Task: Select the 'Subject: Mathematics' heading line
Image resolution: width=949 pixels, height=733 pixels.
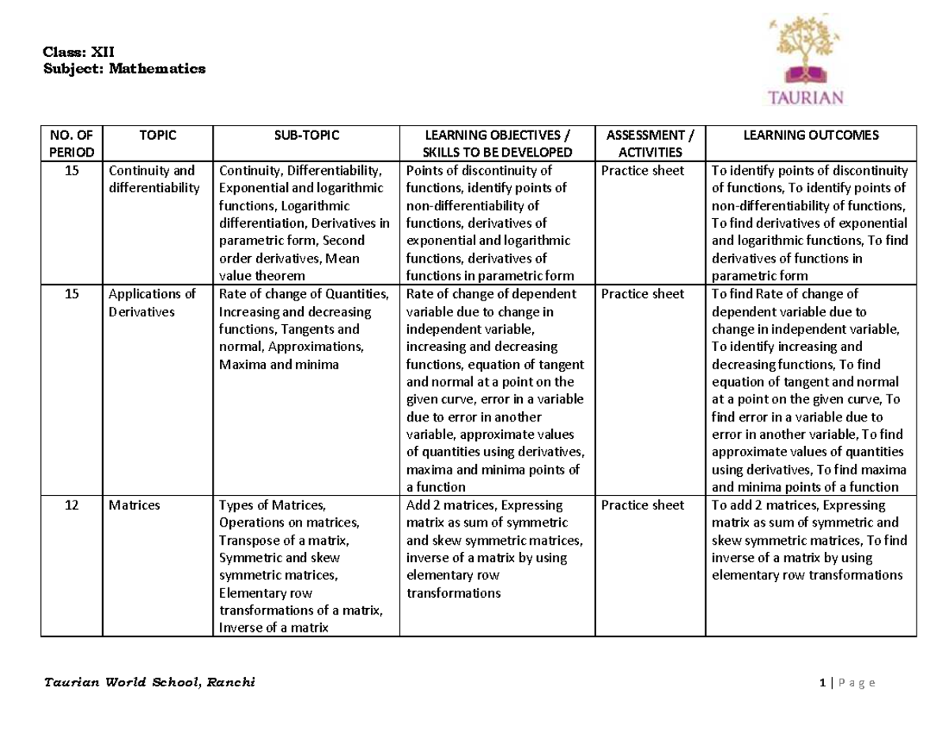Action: click(123, 69)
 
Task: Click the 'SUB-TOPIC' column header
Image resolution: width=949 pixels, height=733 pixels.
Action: click(307, 135)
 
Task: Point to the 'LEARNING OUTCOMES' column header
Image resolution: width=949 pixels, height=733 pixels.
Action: click(811, 135)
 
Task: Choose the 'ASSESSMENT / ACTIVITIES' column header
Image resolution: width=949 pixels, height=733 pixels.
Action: click(642, 143)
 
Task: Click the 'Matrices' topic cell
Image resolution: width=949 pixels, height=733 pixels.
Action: click(134, 505)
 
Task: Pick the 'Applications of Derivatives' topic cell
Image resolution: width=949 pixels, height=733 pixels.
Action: click(153, 303)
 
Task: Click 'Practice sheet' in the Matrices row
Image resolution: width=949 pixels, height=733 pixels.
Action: click(642, 505)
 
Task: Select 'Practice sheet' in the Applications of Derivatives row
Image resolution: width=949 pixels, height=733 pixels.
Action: click(642, 294)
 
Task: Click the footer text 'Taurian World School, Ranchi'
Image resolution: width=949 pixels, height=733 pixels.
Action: click(149, 683)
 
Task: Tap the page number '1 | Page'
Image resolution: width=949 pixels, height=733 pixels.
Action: click(847, 683)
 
